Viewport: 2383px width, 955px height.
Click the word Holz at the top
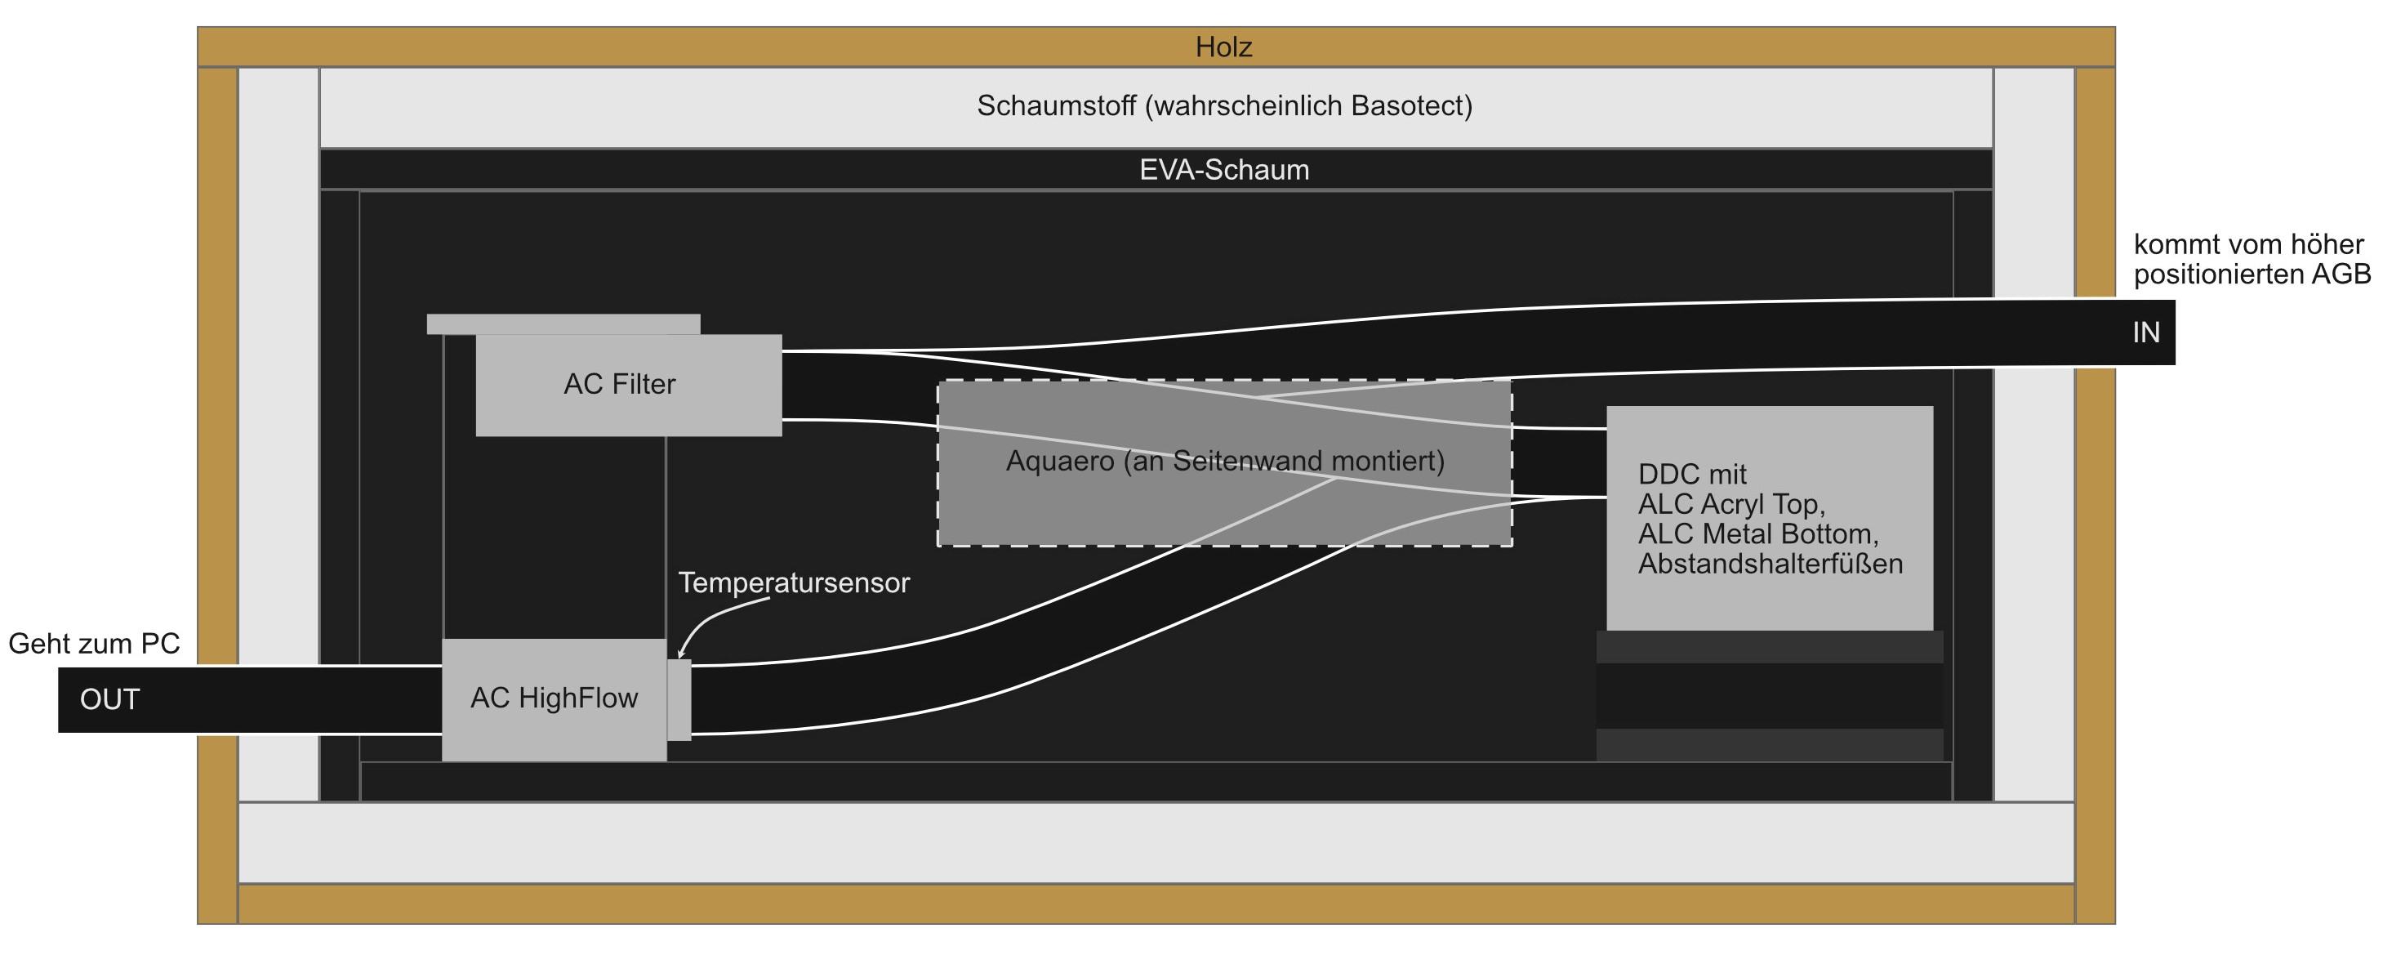pos(1223,47)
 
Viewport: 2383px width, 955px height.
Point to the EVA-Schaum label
pos(1223,170)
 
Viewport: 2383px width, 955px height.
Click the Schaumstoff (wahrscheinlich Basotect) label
pos(1223,106)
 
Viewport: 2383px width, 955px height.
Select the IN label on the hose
pos(2145,333)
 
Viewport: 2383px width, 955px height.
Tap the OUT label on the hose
pos(109,699)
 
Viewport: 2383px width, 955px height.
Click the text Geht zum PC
pos(93,644)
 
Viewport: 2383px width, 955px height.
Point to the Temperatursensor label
pos(794,583)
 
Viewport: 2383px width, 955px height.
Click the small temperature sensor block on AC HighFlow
pos(679,699)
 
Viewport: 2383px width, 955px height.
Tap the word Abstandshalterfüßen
pos(1770,565)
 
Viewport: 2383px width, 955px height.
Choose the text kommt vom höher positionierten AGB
pos(2251,260)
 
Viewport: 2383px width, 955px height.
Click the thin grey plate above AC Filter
pos(563,324)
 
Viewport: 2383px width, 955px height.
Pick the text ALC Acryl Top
pos(1730,504)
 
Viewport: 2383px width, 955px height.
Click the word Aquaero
pos(1059,461)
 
